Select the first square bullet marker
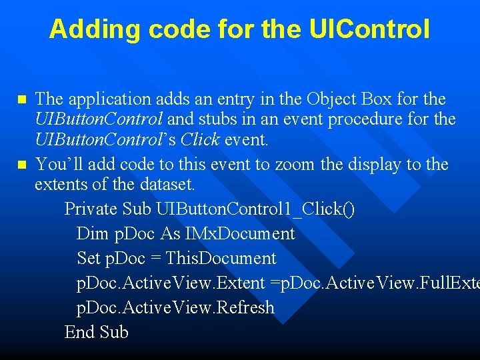point(21,100)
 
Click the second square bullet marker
point(21,165)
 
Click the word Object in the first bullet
point(331,99)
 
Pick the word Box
point(376,99)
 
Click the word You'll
point(57,164)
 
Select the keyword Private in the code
point(91,209)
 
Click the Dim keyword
point(92,234)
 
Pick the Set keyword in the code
point(89,258)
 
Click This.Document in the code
point(221,258)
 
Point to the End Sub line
point(96,332)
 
